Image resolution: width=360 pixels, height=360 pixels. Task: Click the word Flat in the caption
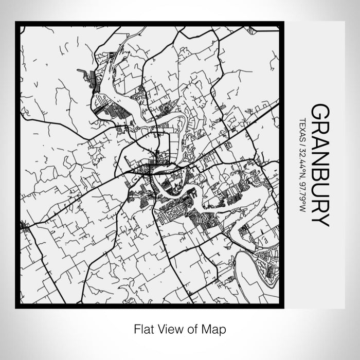click(142, 328)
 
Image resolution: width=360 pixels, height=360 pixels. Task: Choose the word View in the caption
click(166, 328)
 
